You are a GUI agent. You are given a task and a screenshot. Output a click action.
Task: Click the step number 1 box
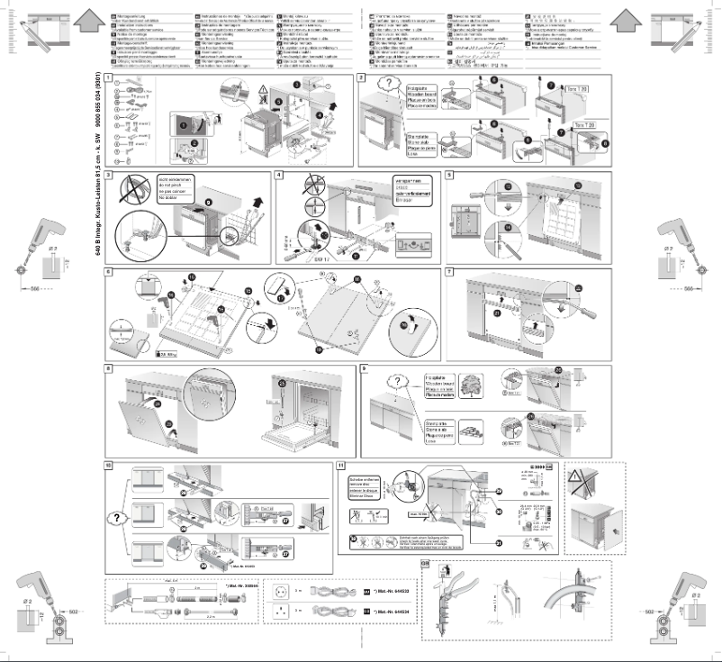pos(109,78)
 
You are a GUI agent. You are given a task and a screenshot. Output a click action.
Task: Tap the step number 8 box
pos(109,367)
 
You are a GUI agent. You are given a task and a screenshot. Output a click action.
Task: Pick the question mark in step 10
pos(118,520)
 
